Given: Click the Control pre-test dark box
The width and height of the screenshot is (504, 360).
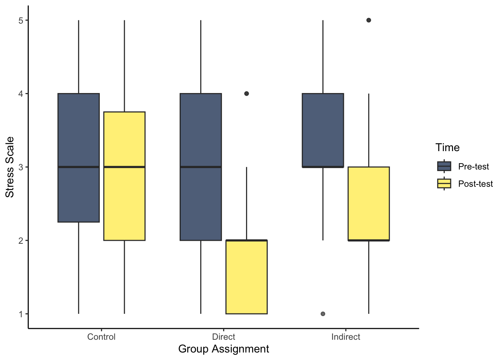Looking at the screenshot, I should click(x=78, y=157).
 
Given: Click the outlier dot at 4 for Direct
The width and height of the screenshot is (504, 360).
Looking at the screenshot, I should click(x=246, y=93).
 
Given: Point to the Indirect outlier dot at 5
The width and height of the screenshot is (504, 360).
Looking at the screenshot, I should click(x=369, y=20).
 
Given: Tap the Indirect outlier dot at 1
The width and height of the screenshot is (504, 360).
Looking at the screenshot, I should click(x=323, y=314).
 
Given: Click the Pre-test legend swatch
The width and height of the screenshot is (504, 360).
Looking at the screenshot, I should click(x=444, y=166).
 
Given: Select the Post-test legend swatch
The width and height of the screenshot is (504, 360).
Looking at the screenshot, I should click(x=444, y=183).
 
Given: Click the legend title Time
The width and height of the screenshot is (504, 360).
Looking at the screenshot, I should click(x=447, y=148).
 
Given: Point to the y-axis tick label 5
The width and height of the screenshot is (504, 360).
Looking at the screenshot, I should click(x=21, y=20).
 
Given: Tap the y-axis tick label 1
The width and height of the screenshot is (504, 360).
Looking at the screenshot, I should click(x=21, y=314).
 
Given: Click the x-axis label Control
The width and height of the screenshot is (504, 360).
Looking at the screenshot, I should click(x=101, y=337).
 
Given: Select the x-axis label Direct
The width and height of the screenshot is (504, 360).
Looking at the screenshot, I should click(x=223, y=337).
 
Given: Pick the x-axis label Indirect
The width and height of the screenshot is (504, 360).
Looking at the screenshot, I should click(x=346, y=337).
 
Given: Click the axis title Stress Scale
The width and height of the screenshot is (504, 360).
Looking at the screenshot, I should click(x=10, y=167).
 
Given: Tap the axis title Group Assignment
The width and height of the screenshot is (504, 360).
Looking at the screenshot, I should click(x=223, y=349).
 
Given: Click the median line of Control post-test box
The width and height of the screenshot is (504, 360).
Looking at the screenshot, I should click(x=124, y=167).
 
